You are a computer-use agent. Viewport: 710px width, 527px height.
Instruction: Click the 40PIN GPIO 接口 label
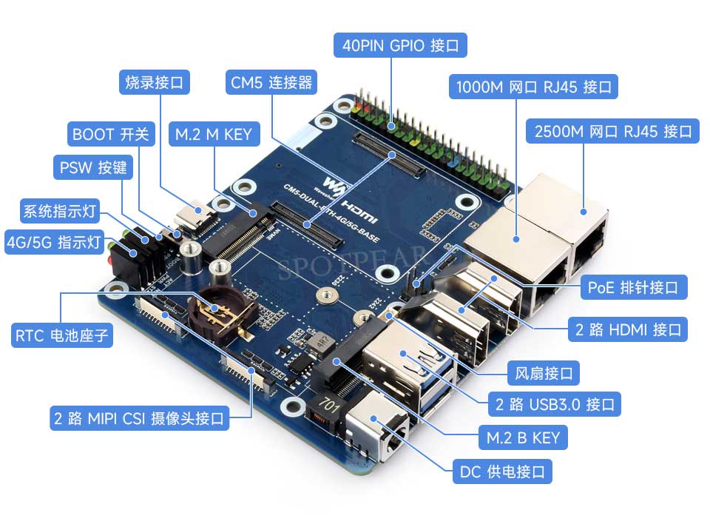pos(400,46)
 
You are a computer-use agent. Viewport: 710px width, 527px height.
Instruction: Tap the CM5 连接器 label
pos(271,82)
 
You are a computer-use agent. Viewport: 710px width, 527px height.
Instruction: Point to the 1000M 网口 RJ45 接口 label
pos(533,87)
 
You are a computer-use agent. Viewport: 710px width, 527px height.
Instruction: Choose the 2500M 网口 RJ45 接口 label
pos(611,132)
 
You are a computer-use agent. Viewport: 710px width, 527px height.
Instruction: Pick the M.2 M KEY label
pos(214,135)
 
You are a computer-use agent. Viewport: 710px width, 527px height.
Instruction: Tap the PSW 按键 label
pos(93,167)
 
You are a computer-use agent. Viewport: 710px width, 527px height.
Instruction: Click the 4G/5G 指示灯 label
pos(53,241)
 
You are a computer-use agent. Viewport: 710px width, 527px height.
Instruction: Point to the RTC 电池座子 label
pos(63,337)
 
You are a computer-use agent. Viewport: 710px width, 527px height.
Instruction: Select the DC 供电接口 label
pos(502,471)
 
